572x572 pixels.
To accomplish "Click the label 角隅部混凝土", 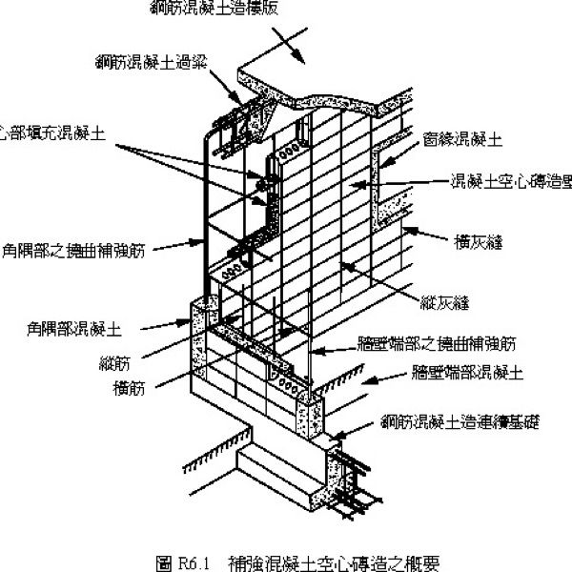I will click(75, 328).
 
